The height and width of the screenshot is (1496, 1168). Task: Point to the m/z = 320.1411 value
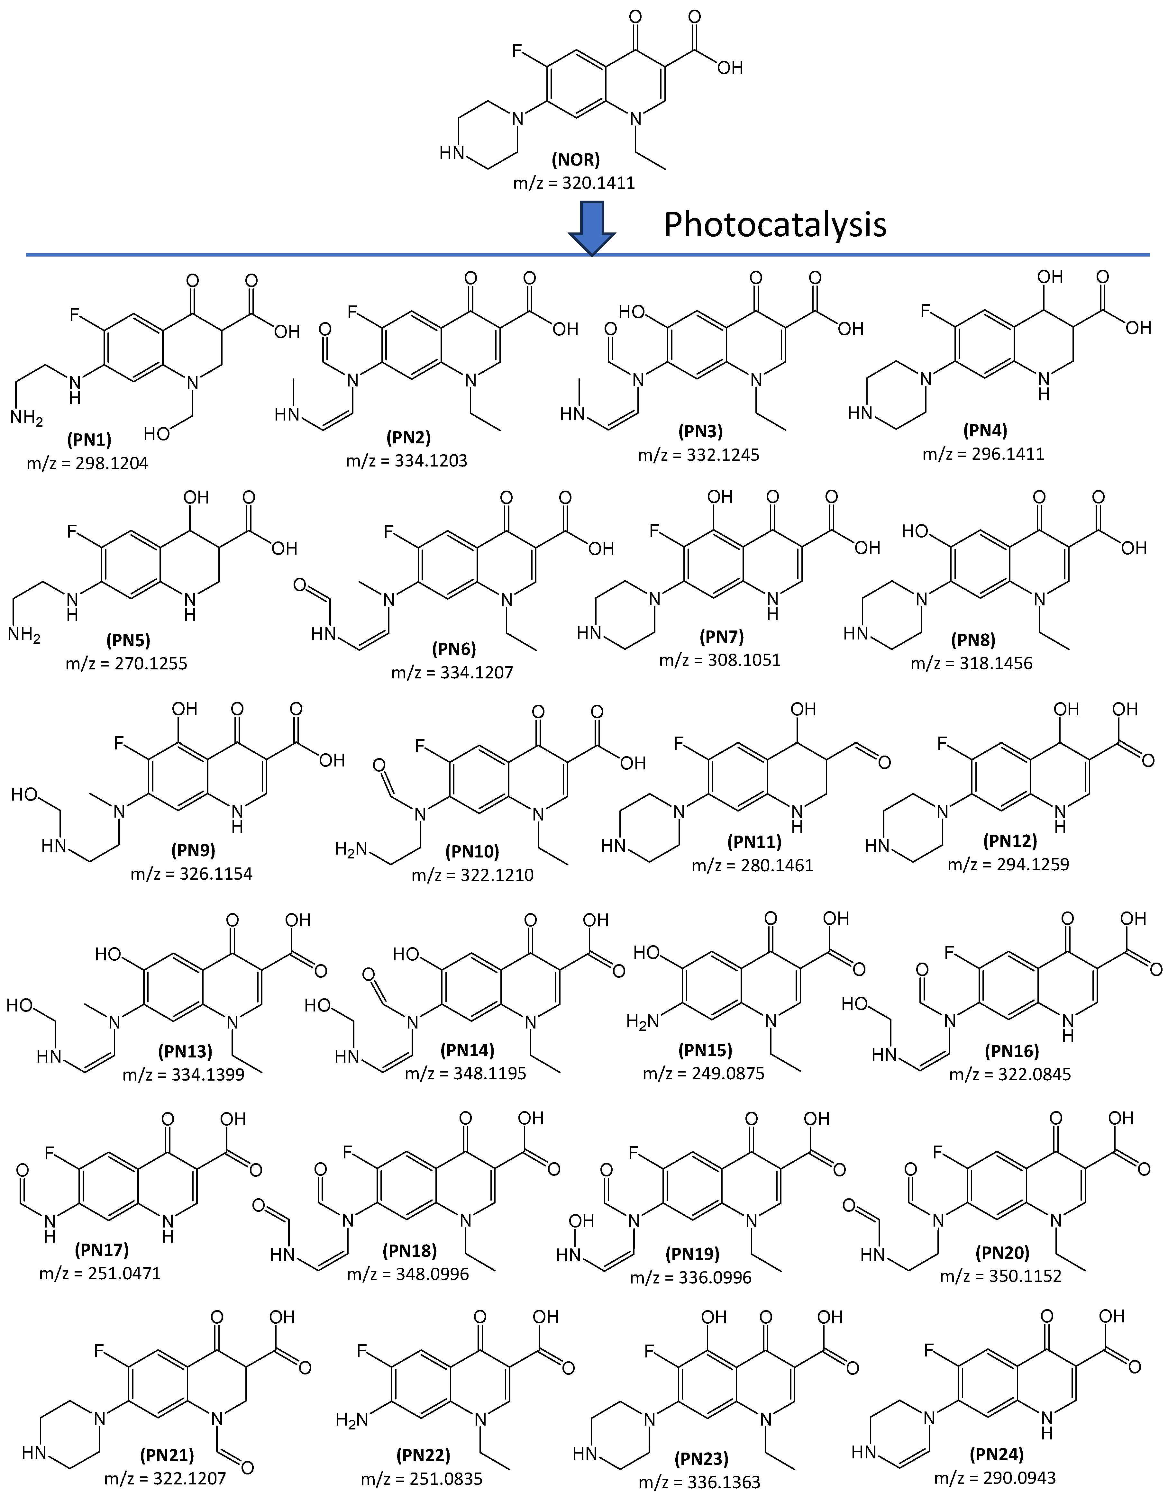click(574, 183)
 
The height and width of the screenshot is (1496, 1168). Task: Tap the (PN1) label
click(89, 439)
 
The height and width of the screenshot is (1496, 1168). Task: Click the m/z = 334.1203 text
click(407, 460)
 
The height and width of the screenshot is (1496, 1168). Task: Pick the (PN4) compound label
click(984, 430)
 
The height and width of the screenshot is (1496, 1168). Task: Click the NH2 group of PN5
click(25, 635)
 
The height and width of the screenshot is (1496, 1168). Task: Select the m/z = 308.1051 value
click(719, 660)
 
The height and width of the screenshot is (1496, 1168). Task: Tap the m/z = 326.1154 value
click(191, 873)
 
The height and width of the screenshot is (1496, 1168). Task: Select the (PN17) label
click(101, 1249)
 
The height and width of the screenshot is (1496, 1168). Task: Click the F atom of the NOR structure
click(519, 51)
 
